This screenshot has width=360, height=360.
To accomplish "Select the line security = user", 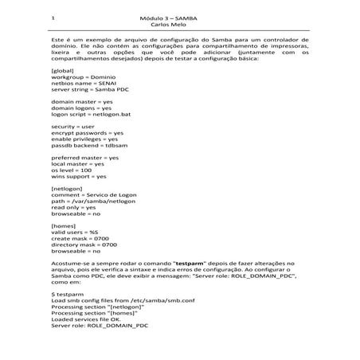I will click(72, 127).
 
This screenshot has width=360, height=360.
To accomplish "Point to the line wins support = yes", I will click(78, 177).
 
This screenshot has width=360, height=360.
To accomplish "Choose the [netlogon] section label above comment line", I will click(66, 189).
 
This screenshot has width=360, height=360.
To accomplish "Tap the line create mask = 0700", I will click(80, 239).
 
